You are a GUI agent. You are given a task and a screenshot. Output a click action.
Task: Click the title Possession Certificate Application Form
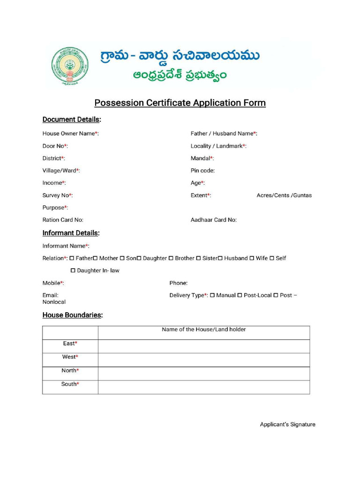click(x=180, y=103)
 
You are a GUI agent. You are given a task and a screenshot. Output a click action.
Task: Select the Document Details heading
click(x=72, y=120)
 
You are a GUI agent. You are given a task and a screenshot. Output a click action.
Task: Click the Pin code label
click(x=202, y=171)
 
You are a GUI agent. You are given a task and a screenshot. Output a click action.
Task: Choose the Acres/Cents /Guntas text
click(x=284, y=195)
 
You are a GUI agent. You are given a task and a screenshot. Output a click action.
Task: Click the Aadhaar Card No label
click(x=213, y=220)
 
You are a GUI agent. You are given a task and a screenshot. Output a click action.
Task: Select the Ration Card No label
click(x=63, y=220)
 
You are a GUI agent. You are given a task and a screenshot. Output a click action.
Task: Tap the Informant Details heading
click(x=71, y=233)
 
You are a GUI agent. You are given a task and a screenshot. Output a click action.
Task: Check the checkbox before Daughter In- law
click(x=73, y=270)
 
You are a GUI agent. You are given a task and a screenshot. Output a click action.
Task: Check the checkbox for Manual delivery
click(x=212, y=295)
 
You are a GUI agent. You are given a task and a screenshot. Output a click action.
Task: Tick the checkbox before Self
click(x=272, y=258)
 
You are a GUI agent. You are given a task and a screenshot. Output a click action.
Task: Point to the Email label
click(x=50, y=295)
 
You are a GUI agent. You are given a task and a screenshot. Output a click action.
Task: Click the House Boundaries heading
click(x=72, y=315)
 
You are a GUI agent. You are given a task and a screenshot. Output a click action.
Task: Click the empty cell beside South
click(x=204, y=387)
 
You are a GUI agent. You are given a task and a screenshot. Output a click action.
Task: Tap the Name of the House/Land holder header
click(x=204, y=330)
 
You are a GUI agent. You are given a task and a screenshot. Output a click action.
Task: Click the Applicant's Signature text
click(x=287, y=425)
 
